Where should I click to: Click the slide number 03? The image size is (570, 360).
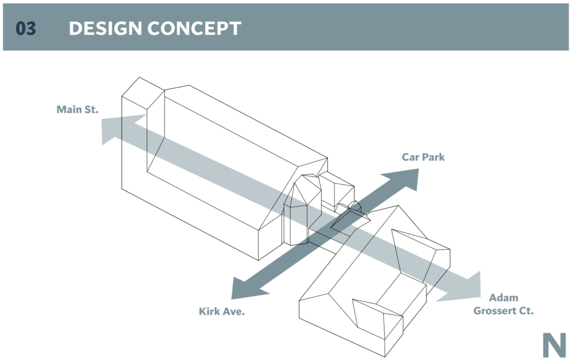click(x=26, y=28)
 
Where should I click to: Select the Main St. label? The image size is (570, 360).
click(x=77, y=110)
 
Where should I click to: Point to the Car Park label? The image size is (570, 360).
click(x=423, y=157)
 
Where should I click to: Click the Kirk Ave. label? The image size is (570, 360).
click(x=222, y=312)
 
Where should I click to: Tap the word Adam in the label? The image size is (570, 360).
click(x=503, y=298)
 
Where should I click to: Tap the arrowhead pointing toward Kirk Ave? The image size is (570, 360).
click(x=245, y=288)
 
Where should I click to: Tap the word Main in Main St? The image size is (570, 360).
click(x=69, y=110)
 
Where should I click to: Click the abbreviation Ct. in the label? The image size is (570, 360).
click(x=526, y=311)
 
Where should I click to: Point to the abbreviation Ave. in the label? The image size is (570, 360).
click(x=234, y=312)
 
